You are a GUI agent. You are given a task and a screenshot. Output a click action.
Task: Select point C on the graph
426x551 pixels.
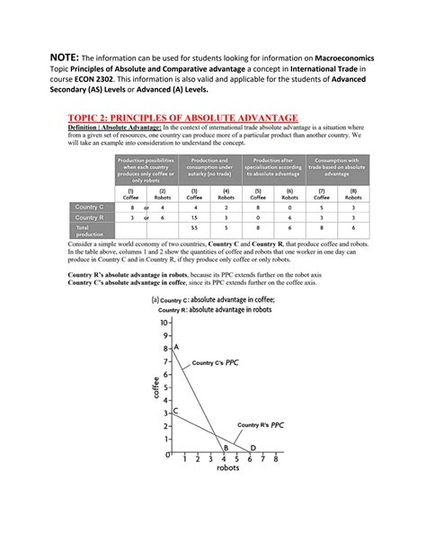(x=174, y=411)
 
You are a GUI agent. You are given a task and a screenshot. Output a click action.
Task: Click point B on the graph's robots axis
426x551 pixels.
(x=226, y=448)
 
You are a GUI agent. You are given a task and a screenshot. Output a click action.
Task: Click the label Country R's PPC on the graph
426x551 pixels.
(x=260, y=424)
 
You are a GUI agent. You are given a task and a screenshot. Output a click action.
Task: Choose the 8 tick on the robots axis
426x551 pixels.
(x=276, y=459)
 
